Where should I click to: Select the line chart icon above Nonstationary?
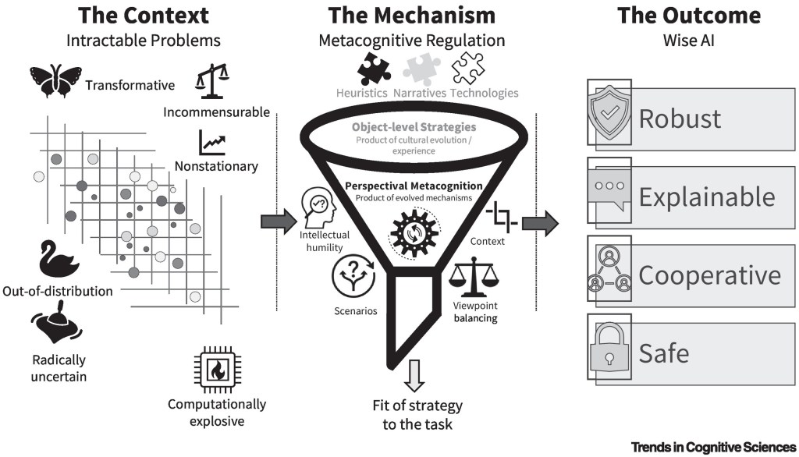[x=212, y=142]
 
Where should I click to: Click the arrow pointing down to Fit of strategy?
[x=414, y=376]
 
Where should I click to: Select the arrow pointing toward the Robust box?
[x=539, y=223]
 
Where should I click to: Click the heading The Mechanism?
[x=411, y=15]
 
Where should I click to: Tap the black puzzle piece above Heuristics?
[x=374, y=69]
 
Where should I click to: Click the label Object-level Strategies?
[x=414, y=126]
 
